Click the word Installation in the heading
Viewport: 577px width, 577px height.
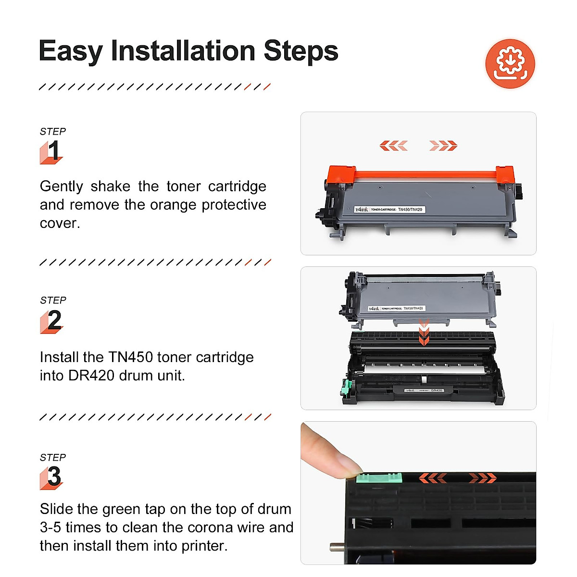pos(183,51)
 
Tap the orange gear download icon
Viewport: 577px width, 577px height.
pos(510,63)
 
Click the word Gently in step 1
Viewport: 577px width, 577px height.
pos(61,186)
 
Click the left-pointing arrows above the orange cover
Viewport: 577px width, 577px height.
pos(393,146)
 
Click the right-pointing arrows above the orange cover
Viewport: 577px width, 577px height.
pos(443,146)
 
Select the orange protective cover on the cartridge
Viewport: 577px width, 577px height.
pos(421,174)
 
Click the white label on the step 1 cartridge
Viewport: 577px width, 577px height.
pos(389,210)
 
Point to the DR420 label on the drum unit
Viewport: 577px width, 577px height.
pos(423,390)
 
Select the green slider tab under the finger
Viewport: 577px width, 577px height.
pos(378,477)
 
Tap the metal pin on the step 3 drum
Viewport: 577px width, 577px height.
pos(336,547)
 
